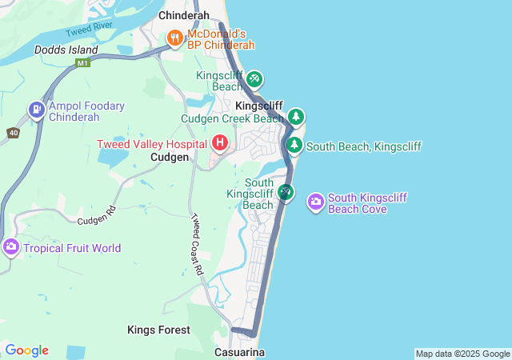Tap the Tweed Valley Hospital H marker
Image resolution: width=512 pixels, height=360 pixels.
pos(220,143)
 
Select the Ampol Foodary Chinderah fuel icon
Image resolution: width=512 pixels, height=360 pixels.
pos(36,110)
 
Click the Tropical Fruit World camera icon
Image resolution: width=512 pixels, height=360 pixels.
pos(11,247)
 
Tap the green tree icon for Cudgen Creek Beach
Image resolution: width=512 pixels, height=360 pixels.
pos(296,118)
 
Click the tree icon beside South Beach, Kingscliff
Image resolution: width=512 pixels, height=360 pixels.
pos(294,146)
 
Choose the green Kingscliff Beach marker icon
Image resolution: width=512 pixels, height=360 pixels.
pos(254,79)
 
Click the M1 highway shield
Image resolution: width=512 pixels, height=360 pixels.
pos(82,63)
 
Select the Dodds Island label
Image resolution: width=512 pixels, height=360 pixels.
pos(66,50)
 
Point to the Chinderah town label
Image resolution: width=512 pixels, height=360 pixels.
pos(184,15)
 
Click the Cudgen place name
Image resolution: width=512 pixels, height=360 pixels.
pos(170,158)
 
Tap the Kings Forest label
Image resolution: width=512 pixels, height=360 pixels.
pos(159,330)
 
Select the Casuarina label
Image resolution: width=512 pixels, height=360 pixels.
pos(239,352)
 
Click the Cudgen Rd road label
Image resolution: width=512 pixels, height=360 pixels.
pos(97,215)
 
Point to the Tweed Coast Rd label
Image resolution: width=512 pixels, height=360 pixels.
pos(198,244)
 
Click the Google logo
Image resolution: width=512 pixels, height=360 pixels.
pos(26,350)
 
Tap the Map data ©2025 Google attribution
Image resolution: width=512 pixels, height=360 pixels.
pos(462,354)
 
